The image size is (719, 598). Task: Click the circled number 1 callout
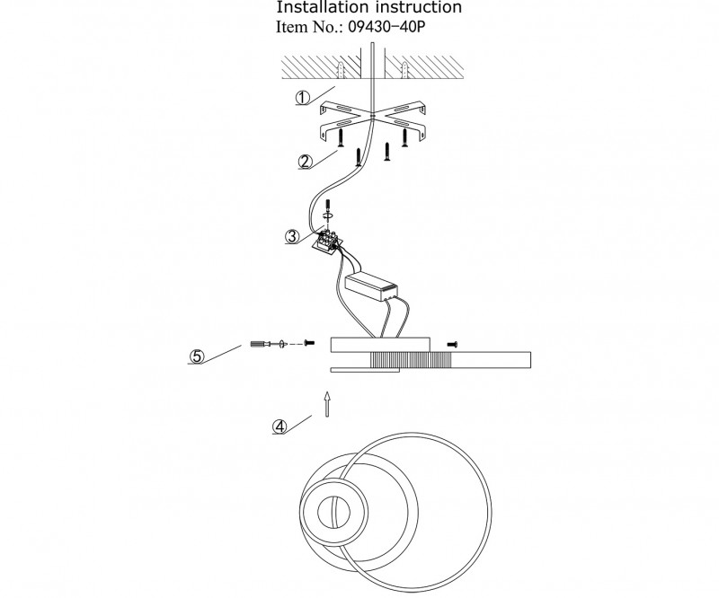pyautogui.click(x=303, y=98)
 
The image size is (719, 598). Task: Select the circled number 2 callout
pyautogui.click(x=306, y=162)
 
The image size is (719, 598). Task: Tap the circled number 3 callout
pyautogui.click(x=292, y=236)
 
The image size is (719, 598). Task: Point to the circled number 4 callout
pyautogui.click(x=280, y=427)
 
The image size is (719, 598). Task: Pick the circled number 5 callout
pyautogui.click(x=197, y=356)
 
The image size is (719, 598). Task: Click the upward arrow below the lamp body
pyautogui.click(x=327, y=404)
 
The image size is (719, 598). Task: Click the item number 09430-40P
pyautogui.click(x=386, y=27)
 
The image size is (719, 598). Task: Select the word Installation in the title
pyautogui.click(x=323, y=7)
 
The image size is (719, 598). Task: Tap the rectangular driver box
pyautogui.click(x=371, y=286)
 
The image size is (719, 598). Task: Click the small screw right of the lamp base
pyautogui.click(x=453, y=344)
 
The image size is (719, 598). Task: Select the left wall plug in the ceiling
pyautogui.click(x=341, y=70)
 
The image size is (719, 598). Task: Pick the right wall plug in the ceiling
pyautogui.click(x=404, y=70)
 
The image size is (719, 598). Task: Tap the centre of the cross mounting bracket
pyautogui.click(x=372, y=116)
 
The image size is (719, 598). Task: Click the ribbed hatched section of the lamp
pyautogui.click(x=411, y=360)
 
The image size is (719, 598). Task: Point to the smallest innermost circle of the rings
pyautogui.click(x=333, y=513)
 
